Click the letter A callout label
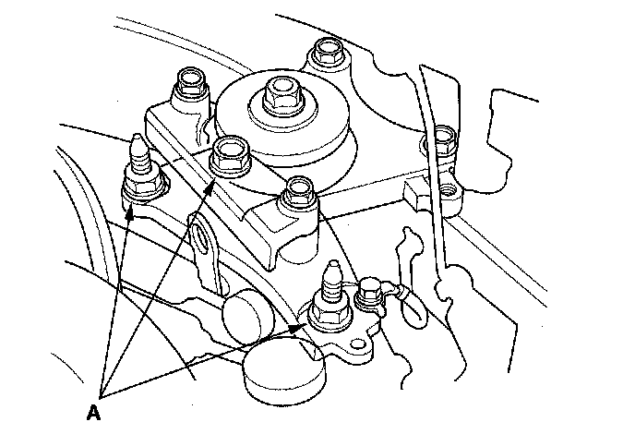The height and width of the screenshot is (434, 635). click(93, 413)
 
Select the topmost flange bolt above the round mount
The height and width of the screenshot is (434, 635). click(327, 51)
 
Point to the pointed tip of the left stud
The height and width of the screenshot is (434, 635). click(137, 136)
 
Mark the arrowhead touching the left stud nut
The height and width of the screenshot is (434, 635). click(130, 211)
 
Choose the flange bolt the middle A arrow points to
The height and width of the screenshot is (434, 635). click(230, 156)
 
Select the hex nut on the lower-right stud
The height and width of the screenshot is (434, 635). click(329, 313)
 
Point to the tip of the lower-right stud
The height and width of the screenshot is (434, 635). click(333, 263)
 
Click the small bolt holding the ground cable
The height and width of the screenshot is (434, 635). click(368, 291)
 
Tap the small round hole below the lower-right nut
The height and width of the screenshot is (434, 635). click(357, 344)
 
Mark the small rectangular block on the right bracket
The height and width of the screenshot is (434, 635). click(414, 195)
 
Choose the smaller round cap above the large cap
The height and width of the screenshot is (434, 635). click(248, 317)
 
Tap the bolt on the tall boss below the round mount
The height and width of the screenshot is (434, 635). click(300, 191)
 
